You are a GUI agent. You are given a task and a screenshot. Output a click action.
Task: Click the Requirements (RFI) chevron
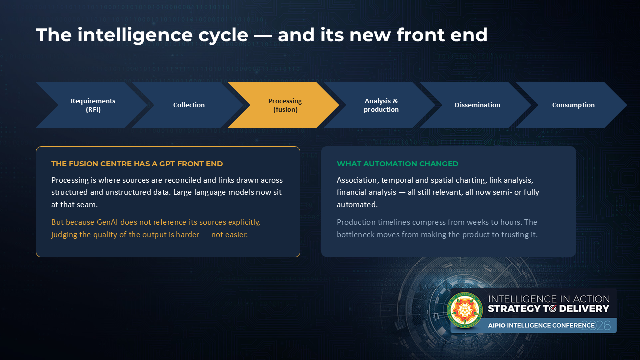tap(93, 105)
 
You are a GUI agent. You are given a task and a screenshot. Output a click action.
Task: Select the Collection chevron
tap(189, 105)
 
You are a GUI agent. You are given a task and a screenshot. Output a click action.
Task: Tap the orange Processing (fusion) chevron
tap(285, 105)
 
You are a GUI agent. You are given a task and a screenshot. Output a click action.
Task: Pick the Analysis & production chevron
tap(381, 105)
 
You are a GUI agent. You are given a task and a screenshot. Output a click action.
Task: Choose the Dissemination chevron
tap(477, 105)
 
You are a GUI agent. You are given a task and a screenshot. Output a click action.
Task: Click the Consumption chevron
tap(573, 105)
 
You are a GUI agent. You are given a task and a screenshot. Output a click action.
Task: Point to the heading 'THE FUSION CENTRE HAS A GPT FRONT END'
tap(137, 164)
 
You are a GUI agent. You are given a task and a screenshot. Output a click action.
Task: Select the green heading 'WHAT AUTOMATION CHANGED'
tap(397, 164)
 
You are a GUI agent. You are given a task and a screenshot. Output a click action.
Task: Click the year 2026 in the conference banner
tap(596, 326)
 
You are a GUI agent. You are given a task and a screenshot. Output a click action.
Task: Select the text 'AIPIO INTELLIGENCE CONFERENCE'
tap(541, 325)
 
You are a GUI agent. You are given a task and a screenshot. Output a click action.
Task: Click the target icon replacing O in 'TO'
tap(553, 309)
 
